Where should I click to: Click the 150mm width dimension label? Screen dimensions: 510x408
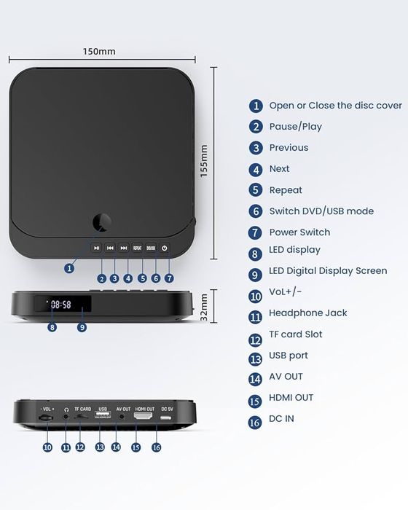coord(99,52)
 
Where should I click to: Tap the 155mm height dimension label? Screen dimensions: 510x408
coord(205,161)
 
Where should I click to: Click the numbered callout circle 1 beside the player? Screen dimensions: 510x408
coord(69,268)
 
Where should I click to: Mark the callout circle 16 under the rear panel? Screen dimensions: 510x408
coord(156,447)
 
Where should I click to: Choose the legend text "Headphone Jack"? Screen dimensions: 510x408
coord(307,313)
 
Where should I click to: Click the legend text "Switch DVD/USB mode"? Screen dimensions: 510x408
coord(321,211)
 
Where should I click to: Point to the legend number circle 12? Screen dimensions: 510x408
coord(255,339)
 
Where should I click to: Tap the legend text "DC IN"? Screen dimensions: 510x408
coord(281,419)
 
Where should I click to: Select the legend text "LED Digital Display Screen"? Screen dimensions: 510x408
coord(328,271)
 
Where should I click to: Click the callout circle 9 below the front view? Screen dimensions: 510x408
coord(82,327)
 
